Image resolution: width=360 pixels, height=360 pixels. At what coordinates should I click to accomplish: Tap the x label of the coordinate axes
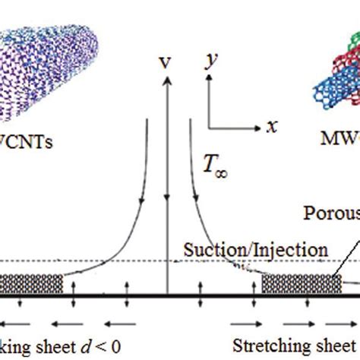[x=270, y=126]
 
